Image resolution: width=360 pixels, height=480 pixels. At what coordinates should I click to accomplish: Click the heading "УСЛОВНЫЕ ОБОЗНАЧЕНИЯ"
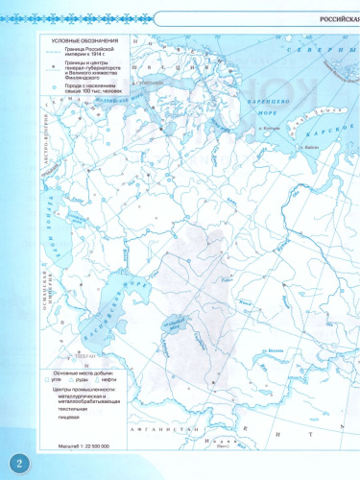coord(85,41)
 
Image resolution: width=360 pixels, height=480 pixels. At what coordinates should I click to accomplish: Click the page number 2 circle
coord(16,460)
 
